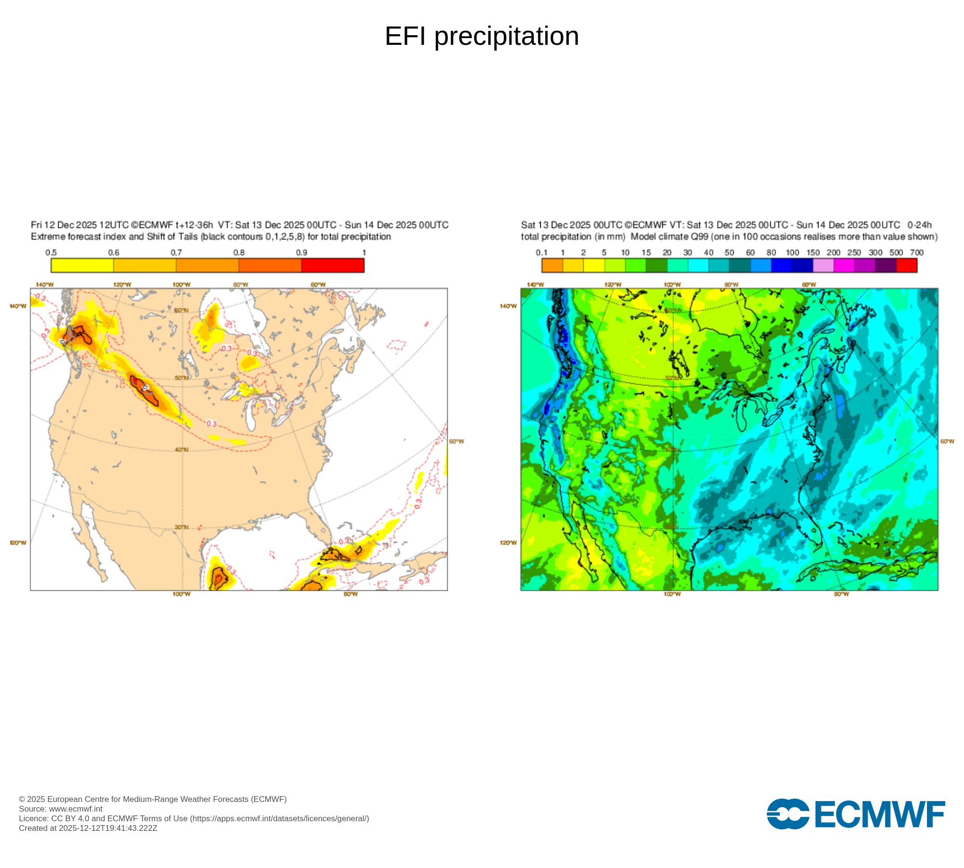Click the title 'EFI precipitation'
click(482, 36)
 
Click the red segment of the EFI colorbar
click(333, 265)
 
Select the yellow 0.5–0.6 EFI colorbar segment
click(82, 265)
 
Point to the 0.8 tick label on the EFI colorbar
click(239, 253)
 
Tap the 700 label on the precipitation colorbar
click(916, 253)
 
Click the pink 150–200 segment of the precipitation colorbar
click(823, 265)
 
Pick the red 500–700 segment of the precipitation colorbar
click(907, 265)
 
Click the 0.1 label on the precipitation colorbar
click(541, 253)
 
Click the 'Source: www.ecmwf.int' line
click(61, 809)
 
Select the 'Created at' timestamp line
click(88, 828)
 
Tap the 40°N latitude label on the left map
click(182, 450)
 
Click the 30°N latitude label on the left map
click(182, 527)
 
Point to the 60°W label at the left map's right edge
click(456, 441)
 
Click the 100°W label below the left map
click(182, 594)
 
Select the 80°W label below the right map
click(841, 594)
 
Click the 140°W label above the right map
click(536, 285)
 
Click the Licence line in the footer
click(194, 818)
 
